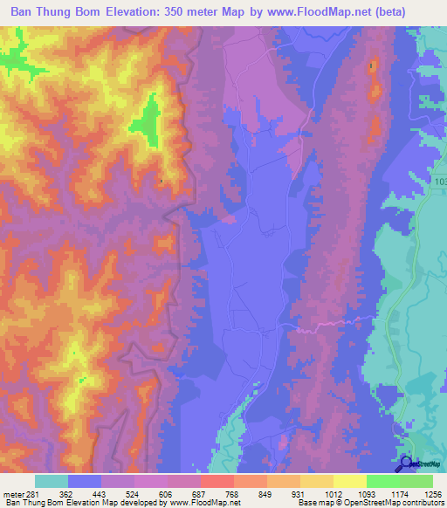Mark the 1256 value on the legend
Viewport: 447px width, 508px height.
[x=432, y=494]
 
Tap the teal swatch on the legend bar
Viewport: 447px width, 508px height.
[x=52, y=481]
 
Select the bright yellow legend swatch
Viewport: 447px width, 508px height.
[x=350, y=481]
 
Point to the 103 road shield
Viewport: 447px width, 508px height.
[x=438, y=181]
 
